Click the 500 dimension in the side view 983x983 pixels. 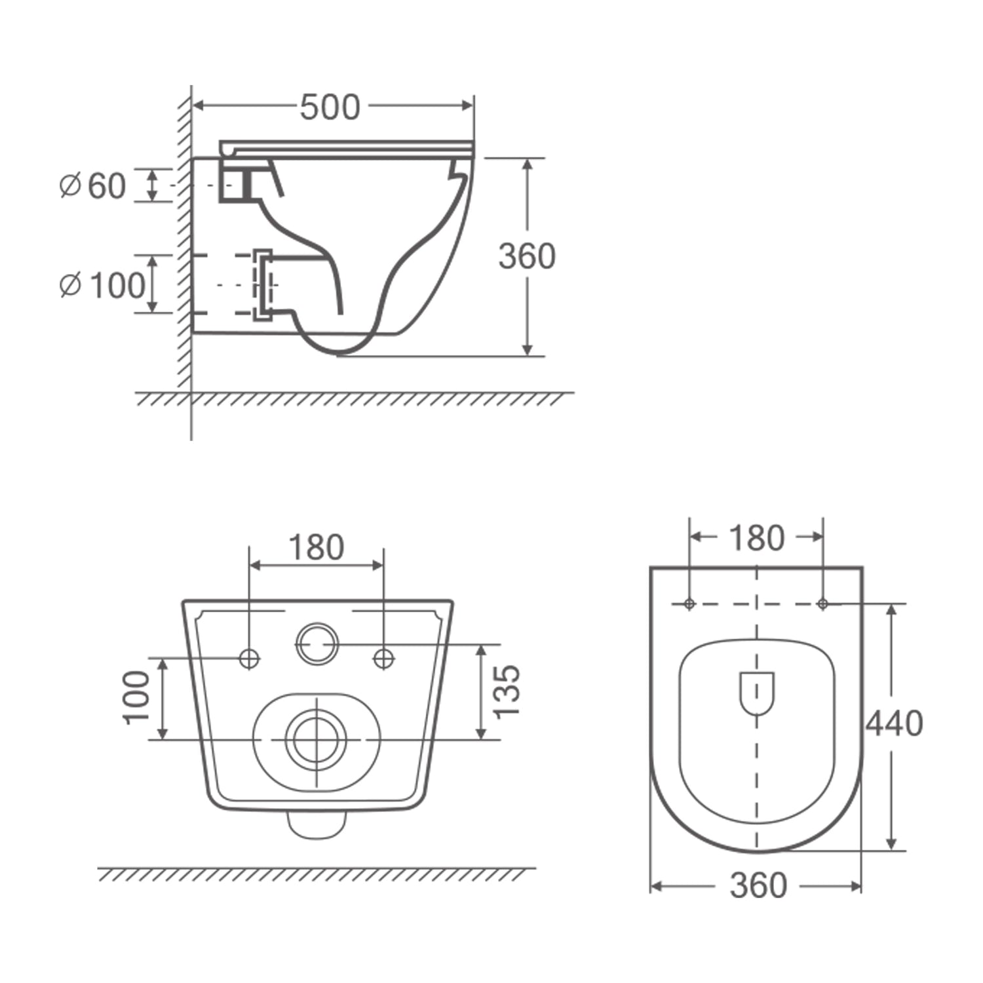[330, 107]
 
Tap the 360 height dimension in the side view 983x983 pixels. [527, 256]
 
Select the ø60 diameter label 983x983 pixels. [92, 186]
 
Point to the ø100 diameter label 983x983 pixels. [102, 285]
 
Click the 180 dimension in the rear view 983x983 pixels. [316, 547]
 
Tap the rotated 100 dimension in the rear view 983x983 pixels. [137, 697]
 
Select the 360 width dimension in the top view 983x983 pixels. [758, 885]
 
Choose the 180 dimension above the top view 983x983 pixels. [756, 538]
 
